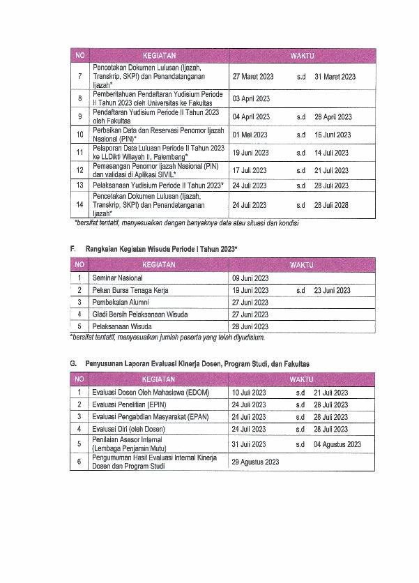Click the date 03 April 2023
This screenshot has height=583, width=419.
[251, 99]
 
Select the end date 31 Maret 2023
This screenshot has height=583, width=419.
[335, 77]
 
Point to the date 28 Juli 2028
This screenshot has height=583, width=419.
[331, 205]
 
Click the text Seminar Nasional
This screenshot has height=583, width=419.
[117, 278]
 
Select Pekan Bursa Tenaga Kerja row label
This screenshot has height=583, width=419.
[130, 290]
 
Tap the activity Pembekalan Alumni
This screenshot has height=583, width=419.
[120, 302]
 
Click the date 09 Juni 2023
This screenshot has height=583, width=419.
[250, 278]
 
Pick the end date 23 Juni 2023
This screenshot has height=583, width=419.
[333, 290]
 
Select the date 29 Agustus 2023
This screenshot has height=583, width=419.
[256, 462]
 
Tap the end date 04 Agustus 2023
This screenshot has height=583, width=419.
[337, 444]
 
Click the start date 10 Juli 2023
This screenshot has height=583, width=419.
[249, 393]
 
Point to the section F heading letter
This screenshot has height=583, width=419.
[73, 249]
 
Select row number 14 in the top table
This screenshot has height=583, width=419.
[79, 205]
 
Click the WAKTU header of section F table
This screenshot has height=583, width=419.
[302, 265]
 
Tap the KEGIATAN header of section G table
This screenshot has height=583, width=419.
[159, 379]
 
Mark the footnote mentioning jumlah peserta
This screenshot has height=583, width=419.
[167, 338]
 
